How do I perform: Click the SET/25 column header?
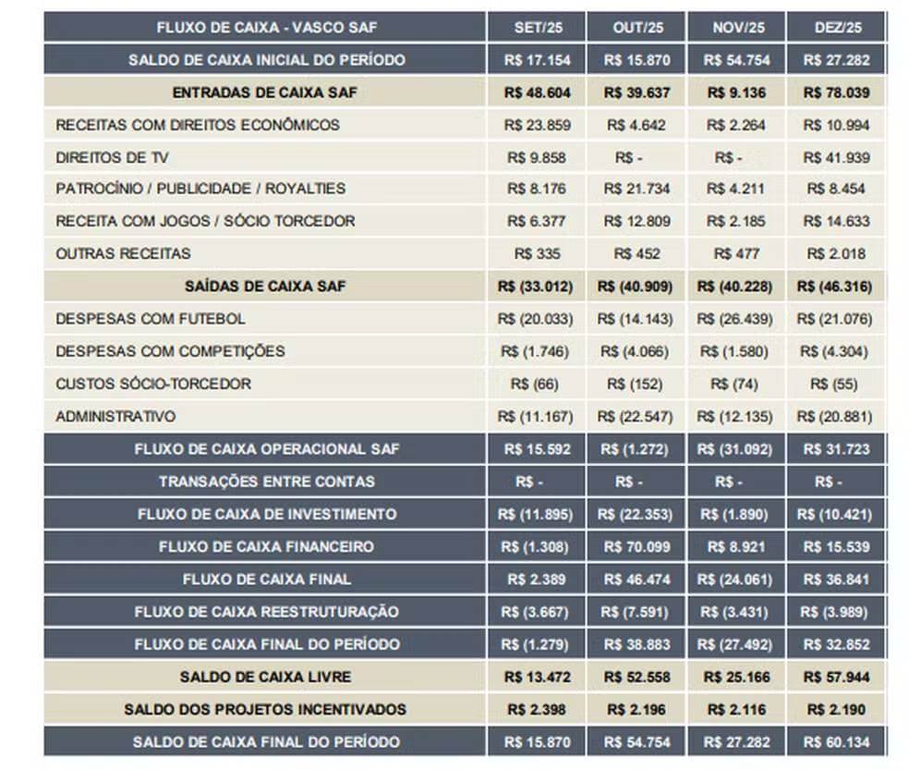(535, 27)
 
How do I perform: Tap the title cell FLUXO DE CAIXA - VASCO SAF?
(266, 27)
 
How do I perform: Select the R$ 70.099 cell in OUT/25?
(636, 546)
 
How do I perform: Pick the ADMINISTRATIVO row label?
(115, 416)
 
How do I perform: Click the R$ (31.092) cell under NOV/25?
(735, 449)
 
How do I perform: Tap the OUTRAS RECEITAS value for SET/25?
(535, 254)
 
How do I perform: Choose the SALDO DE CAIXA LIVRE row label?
(266, 677)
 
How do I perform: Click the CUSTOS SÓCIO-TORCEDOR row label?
(153, 384)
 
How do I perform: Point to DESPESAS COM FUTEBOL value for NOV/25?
(735, 319)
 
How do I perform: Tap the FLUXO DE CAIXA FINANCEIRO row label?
(266, 546)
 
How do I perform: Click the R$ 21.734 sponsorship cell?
(636, 189)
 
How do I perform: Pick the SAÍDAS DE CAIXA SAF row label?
(266, 287)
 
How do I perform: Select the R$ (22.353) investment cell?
(636, 514)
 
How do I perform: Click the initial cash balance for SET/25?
(535, 60)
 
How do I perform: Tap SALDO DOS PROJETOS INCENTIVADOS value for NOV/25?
(735, 709)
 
